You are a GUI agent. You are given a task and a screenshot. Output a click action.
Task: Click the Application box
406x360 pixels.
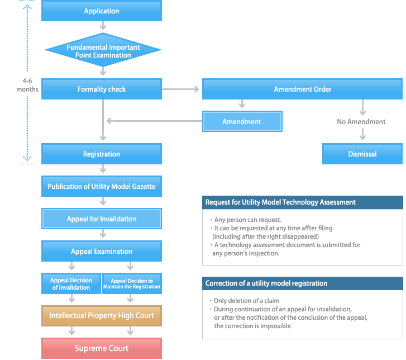[x=102, y=11]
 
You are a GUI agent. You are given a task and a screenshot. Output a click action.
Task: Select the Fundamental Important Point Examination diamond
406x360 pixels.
[x=102, y=51]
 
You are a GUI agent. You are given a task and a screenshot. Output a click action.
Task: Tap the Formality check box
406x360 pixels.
[x=102, y=89]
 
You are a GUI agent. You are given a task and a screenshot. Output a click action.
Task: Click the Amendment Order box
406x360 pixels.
[x=302, y=89]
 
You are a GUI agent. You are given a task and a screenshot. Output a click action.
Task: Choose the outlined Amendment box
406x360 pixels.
[x=242, y=121]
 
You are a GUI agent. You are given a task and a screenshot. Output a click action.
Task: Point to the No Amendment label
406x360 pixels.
[x=361, y=121]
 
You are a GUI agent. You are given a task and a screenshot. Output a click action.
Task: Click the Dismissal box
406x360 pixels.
[x=362, y=154]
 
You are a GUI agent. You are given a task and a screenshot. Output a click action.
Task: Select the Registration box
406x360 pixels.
[x=102, y=154]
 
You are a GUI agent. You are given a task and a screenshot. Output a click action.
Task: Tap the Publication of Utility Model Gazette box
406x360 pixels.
[x=102, y=186]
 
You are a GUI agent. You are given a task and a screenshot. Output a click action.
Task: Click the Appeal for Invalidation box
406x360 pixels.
[x=102, y=219]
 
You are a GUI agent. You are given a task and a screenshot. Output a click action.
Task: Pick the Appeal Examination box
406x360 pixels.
[x=102, y=251]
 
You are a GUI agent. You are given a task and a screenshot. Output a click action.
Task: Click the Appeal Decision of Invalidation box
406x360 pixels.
[x=71, y=283]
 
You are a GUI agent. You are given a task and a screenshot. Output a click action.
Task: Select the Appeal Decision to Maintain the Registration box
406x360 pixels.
[x=132, y=283]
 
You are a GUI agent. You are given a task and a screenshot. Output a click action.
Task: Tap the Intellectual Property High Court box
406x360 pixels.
[x=102, y=316]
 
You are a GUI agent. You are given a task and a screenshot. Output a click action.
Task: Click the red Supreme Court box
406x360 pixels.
[x=102, y=348]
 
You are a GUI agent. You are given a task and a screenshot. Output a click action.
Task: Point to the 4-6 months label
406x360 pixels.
[x=27, y=85]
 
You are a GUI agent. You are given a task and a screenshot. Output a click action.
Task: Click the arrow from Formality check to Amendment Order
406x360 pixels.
[x=181, y=89]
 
